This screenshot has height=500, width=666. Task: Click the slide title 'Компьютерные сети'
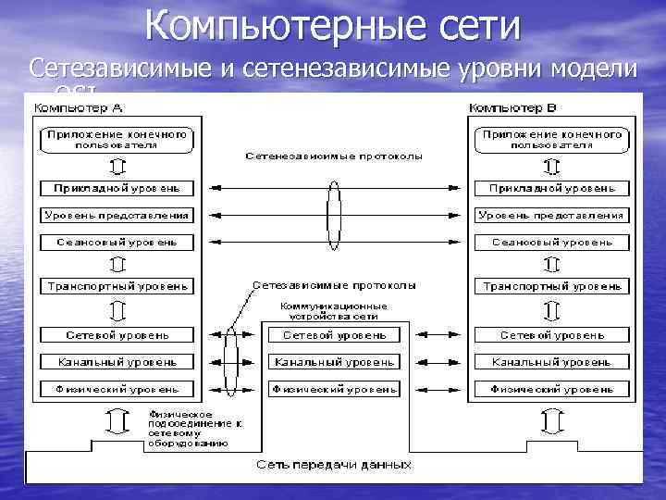coord(333,26)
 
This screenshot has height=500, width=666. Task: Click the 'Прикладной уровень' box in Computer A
coord(117,188)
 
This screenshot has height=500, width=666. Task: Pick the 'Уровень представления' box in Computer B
coord(551,215)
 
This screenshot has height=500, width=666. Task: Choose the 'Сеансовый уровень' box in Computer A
coord(117,242)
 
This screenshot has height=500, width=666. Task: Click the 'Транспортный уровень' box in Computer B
coord(551,285)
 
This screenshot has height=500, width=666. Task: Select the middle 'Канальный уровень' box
coord(335,361)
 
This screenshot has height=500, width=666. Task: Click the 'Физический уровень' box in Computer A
coord(117,389)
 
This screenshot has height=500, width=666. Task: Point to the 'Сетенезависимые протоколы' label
coord(334,156)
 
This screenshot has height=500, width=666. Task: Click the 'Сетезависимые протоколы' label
coord(334,285)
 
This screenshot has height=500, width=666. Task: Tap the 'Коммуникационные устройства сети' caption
coord(334,310)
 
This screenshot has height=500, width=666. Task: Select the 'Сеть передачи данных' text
coord(334,463)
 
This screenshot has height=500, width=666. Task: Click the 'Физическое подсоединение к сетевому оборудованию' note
coord(185,429)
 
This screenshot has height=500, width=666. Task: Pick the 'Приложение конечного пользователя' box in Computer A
coord(117,140)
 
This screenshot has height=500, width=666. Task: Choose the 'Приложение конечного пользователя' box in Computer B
coord(551,140)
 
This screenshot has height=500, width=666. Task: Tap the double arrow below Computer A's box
coord(117,421)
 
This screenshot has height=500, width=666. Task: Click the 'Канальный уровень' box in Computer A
coord(117,361)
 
